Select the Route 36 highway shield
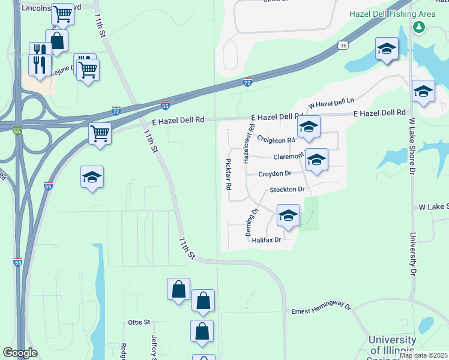[x=342, y=45]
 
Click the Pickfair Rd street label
[x=228, y=173]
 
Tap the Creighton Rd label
[x=276, y=139]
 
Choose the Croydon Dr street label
[x=275, y=173]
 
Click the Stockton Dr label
[x=288, y=190]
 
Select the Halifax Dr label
[x=267, y=240]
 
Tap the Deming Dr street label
[x=253, y=221]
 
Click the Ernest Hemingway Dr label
[x=321, y=309]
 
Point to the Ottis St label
[x=138, y=322]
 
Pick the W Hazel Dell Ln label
[x=331, y=104]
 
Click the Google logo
[x=20, y=353]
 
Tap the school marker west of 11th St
[x=92, y=177]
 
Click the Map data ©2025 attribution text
[x=423, y=355]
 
